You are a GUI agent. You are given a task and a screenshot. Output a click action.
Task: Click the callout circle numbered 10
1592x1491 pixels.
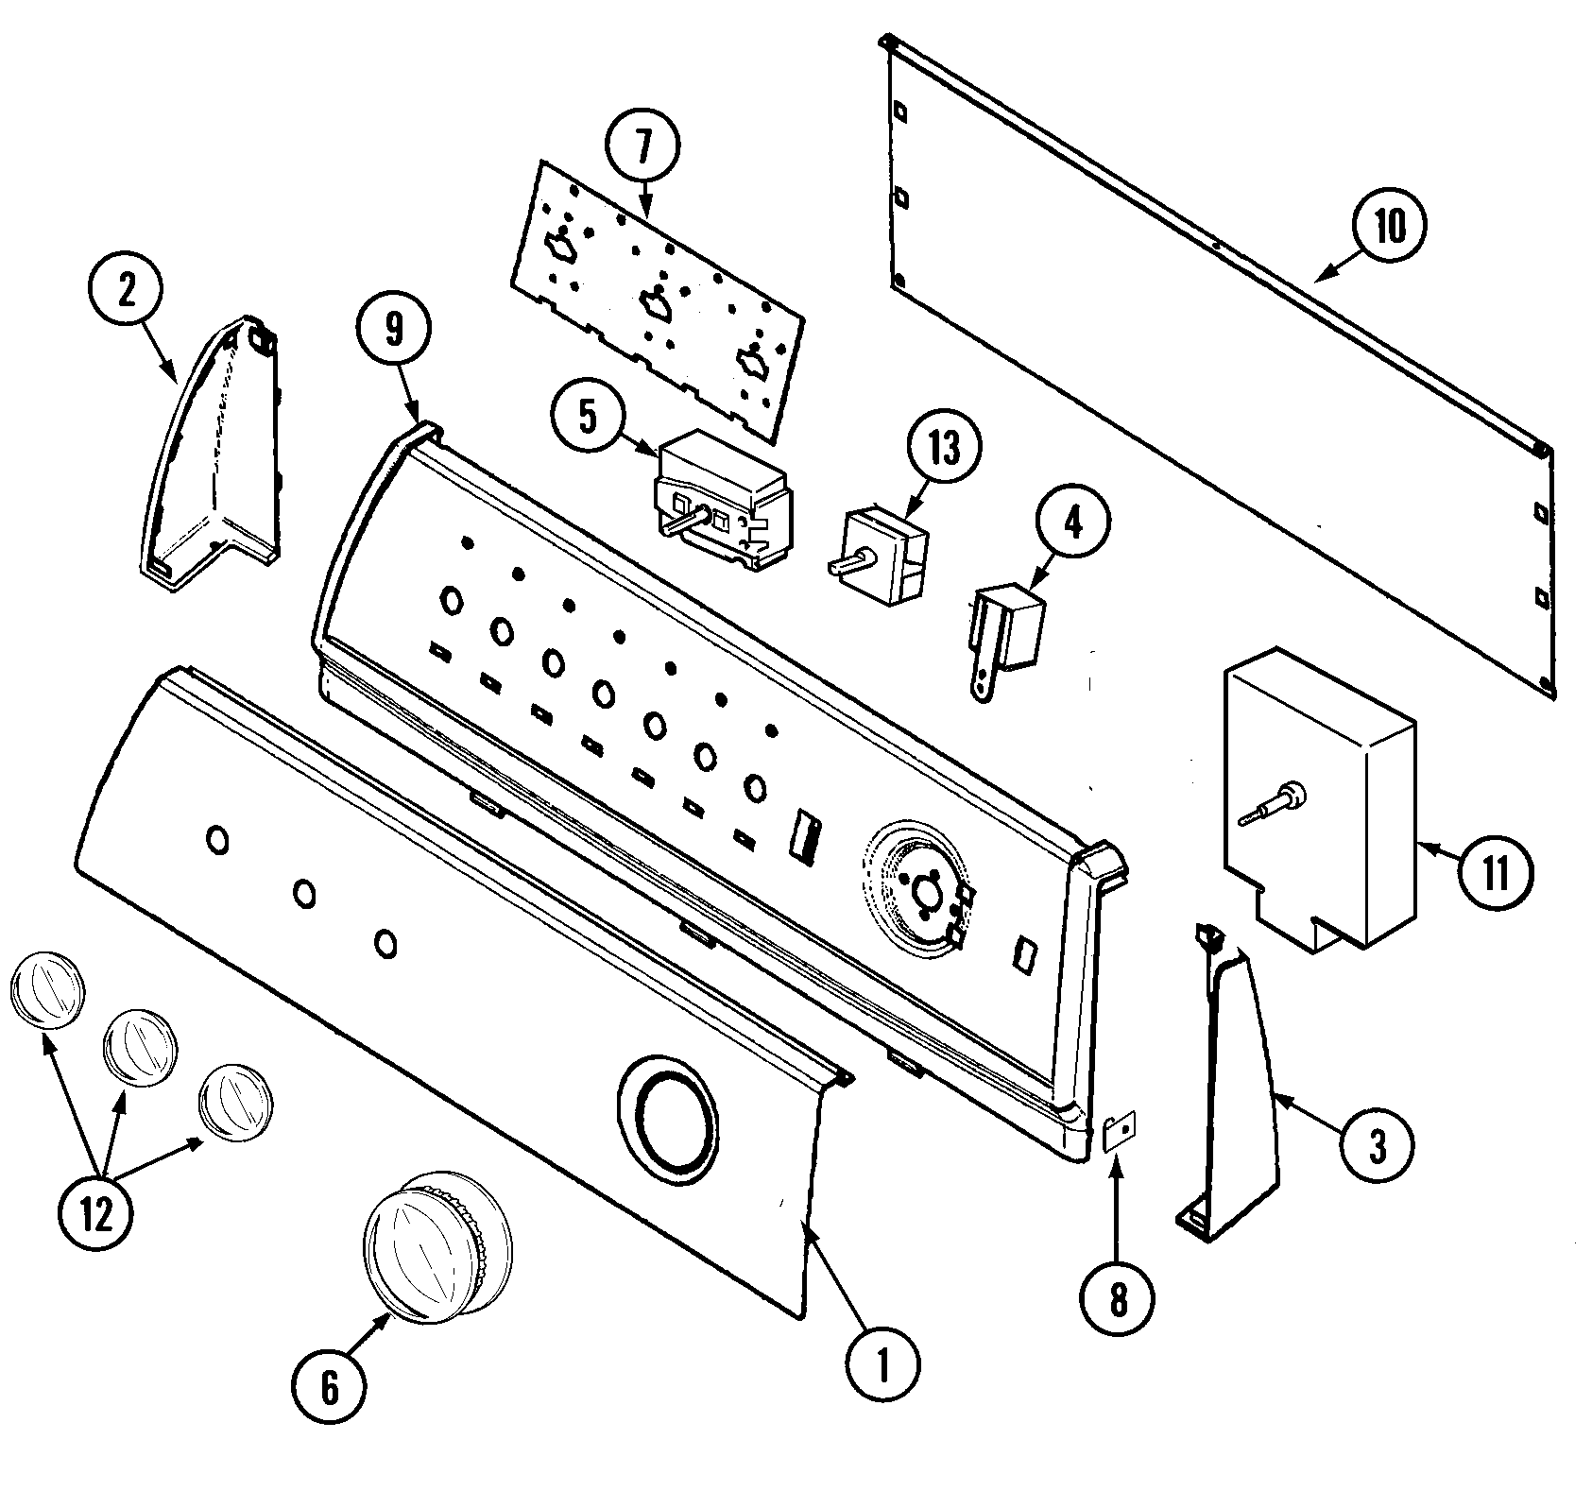click(x=1389, y=227)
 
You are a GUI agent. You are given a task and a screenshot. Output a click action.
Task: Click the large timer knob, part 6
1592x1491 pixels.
click(x=437, y=1247)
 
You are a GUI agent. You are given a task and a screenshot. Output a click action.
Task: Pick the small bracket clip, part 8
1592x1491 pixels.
click(x=1121, y=1129)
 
